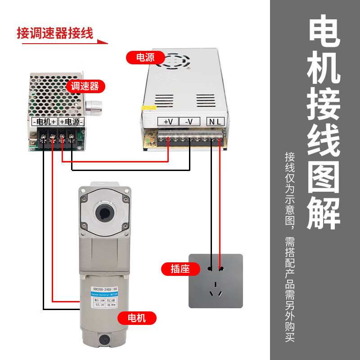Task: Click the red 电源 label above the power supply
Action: pos(145,58)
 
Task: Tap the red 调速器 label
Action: pos(85,86)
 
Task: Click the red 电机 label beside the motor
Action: pos(137,318)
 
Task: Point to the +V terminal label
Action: pos(168,121)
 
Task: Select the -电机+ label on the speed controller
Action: pos(44,121)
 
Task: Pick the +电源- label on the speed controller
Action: pos(71,121)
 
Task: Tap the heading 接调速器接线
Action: pos(55,33)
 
